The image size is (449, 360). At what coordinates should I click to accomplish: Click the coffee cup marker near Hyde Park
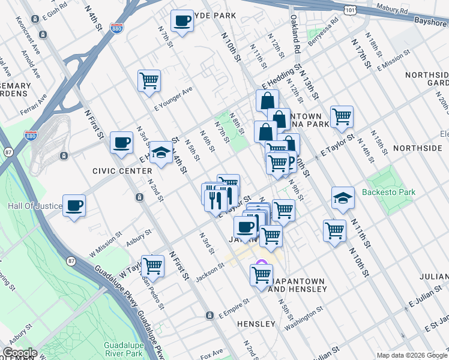(182, 22)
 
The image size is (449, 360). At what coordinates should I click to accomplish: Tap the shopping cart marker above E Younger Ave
(149, 80)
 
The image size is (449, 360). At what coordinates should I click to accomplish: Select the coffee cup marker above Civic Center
(121, 143)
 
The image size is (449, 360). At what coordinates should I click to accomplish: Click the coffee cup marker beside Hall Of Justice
(74, 206)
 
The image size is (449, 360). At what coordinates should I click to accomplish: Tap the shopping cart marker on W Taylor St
(152, 265)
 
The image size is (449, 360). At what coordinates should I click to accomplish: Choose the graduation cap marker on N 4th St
(161, 152)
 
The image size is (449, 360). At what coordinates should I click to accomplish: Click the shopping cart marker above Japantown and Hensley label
(261, 275)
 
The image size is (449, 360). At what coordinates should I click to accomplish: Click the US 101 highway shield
(351, 10)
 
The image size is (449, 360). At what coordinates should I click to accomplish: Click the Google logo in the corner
(19, 353)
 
